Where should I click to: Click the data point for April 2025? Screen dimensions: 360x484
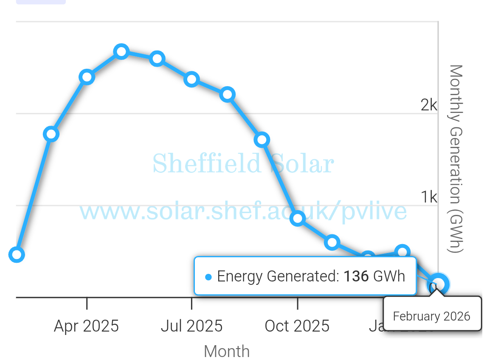point(87,77)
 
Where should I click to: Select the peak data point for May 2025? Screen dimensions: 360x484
point(121,52)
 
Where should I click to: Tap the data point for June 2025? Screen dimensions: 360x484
point(157,59)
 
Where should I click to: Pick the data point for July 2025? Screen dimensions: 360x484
point(192,79)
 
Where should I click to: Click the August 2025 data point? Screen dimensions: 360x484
point(228,94)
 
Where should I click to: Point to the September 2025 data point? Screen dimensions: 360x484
point(262,140)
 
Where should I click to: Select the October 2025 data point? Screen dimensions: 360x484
point(298,218)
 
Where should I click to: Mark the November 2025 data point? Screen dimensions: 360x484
point(332,242)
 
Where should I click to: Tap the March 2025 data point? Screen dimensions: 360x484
point(51,134)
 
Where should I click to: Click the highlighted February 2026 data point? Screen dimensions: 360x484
point(438,283)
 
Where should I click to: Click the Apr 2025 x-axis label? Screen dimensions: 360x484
point(86,326)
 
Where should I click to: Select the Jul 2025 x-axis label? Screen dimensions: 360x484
point(191,326)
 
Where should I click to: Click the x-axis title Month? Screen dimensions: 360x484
point(227,352)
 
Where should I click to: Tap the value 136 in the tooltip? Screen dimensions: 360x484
point(356,276)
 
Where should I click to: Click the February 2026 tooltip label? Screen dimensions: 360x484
point(431,316)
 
